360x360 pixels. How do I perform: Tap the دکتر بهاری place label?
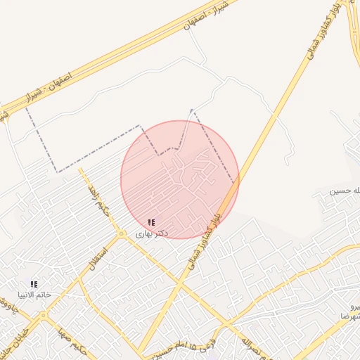pyautogui.click(x=151, y=231)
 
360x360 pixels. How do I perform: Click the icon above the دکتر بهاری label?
pyautogui.click(x=152, y=221)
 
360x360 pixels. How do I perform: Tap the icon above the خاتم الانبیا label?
pyautogui.click(x=34, y=284)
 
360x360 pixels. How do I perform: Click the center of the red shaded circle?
pyautogui.click(x=179, y=179)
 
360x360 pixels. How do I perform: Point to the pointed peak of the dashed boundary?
pyautogui.click(x=191, y=109)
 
